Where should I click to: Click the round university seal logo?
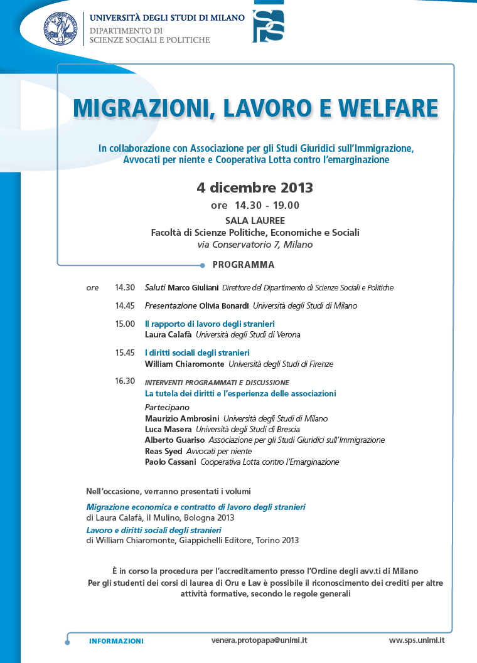(x=60, y=28)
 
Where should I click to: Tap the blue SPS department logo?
(x=268, y=26)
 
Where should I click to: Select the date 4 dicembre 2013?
(x=255, y=188)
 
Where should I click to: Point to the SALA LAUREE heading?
(x=255, y=220)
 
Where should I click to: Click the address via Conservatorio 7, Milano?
(x=255, y=245)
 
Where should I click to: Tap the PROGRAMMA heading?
(x=244, y=265)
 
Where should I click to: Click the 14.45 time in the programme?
(x=125, y=306)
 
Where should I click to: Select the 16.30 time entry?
(x=125, y=381)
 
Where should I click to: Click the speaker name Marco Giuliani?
(x=193, y=288)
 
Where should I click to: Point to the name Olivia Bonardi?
(x=224, y=306)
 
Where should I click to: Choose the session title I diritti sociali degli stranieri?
(x=197, y=353)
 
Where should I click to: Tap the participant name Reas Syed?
(x=163, y=451)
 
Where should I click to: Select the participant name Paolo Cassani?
(x=170, y=462)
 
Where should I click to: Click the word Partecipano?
(x=167, y=407)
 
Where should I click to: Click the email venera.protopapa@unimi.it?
(x=259, y=640)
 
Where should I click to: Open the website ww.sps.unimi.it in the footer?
(x=417, y=640)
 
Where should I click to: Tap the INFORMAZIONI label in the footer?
(x=116, y=641)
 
